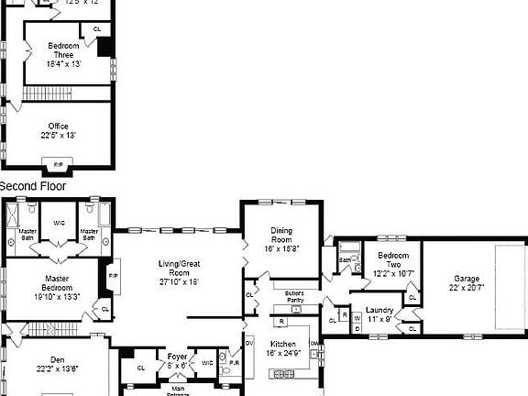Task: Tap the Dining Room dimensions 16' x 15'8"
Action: tap(280, 247)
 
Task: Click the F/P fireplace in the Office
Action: tap(58, 165)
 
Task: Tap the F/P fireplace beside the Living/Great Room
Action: tap(114, 276)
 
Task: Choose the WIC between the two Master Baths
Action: tap(59, 223)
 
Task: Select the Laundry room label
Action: tap(379, 310)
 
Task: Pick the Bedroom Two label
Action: tap(393, 259)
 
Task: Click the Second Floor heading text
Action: tap(35, 186)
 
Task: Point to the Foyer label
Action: tap(177, 356)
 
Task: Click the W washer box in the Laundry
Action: tap(357, 318)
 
